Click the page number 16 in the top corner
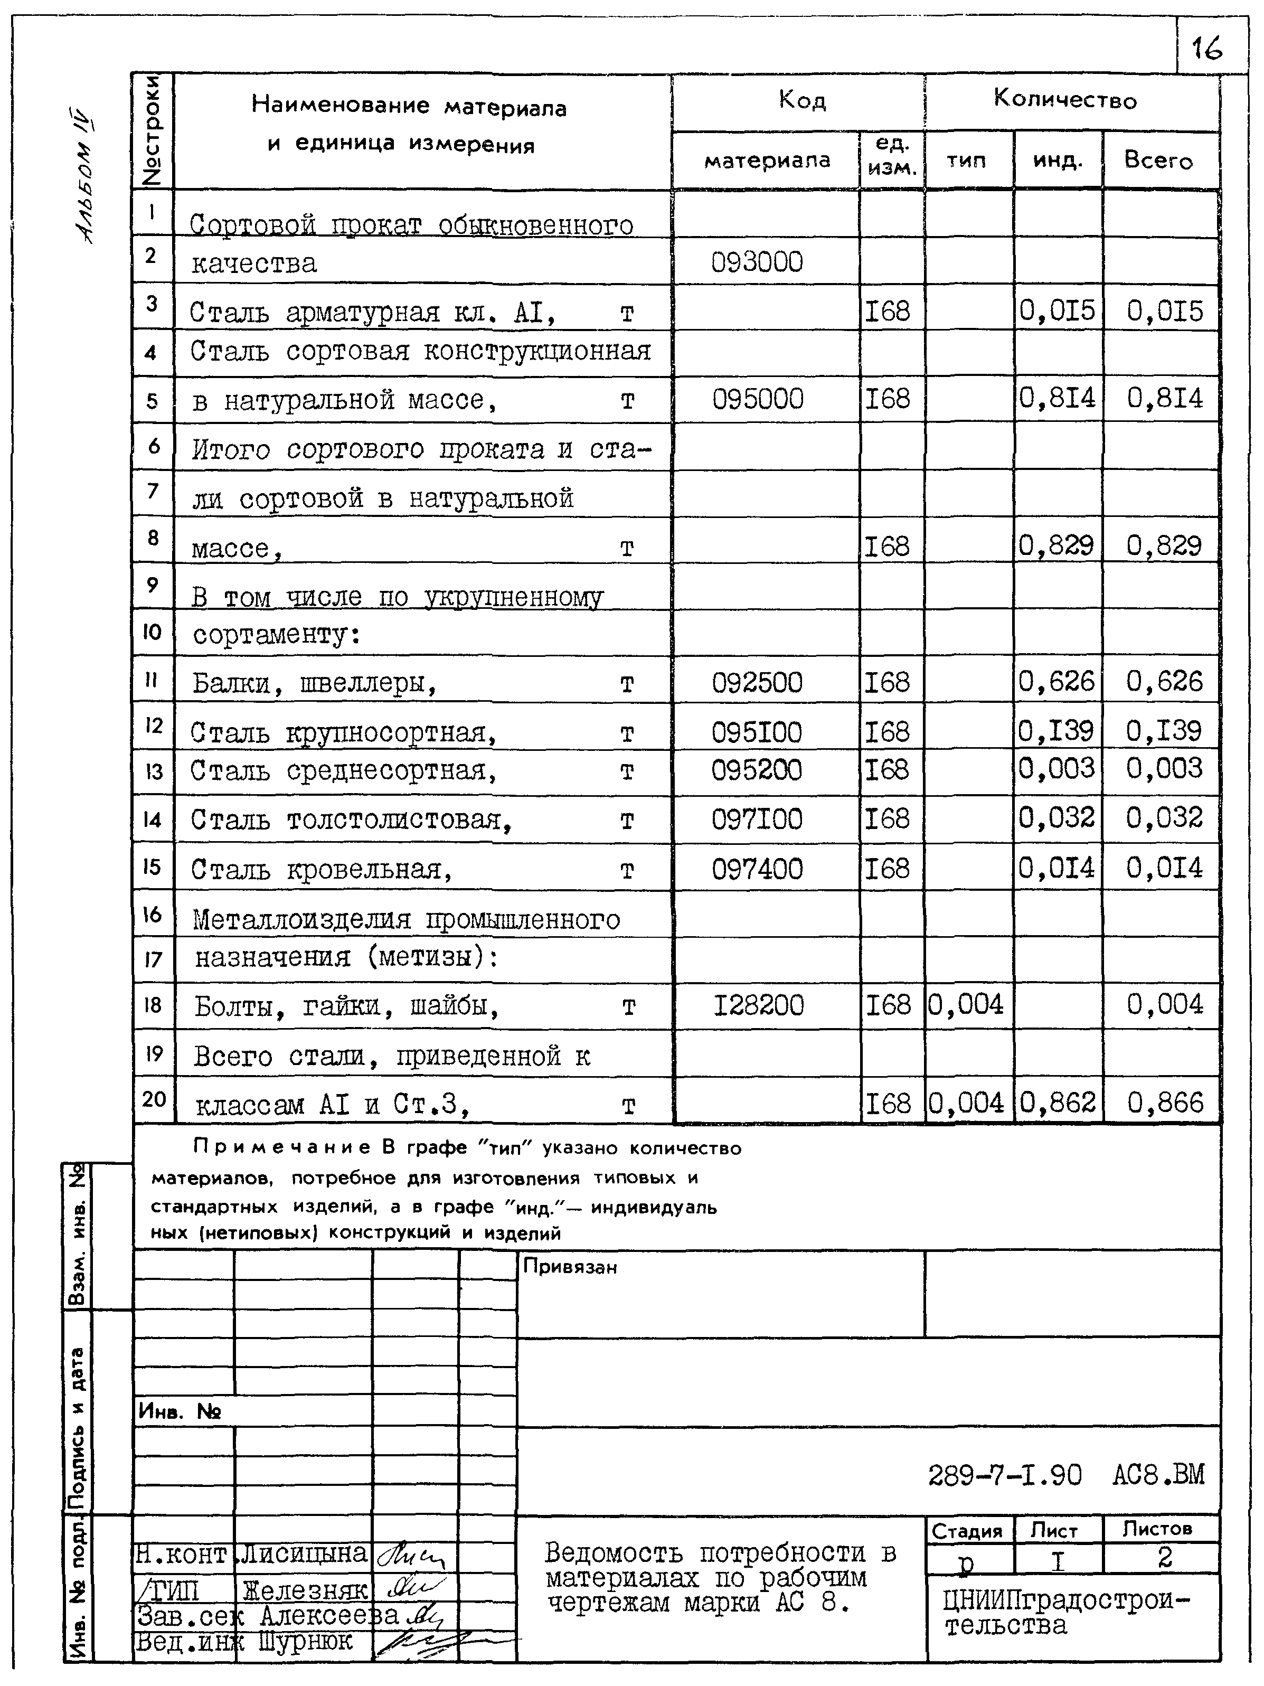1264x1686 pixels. coord(1208,49)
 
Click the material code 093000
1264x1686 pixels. coord(757,262)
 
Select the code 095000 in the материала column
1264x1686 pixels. coord(758,399)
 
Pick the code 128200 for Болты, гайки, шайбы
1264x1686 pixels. coord(759,1005)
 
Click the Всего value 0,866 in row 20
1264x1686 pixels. coord(1165,1103)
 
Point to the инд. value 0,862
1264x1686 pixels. coord(1058,1103)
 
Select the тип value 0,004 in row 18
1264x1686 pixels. coord(966,1005)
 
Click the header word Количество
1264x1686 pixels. coord(1065,99)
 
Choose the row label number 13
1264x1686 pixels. coord(153,772)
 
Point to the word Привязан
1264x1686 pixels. coord(570,1267)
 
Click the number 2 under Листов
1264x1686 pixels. coord(1164,1558)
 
